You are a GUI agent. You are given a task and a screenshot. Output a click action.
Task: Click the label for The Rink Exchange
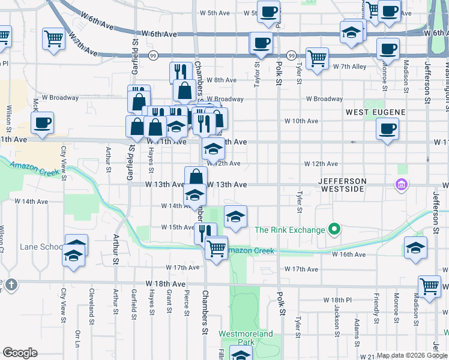[290, 230]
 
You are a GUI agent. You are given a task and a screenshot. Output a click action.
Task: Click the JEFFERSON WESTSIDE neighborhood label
[350, 185]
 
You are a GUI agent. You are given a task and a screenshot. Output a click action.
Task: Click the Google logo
[20, 353]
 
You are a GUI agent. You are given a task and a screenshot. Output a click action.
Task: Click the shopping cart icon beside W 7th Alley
[316, 59]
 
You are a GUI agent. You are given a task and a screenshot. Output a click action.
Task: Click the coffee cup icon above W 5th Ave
[268, 11]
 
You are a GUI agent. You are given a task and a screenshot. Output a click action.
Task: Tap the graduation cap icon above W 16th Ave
[415, 247]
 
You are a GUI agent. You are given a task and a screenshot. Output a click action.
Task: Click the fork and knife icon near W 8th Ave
[181, 72]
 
